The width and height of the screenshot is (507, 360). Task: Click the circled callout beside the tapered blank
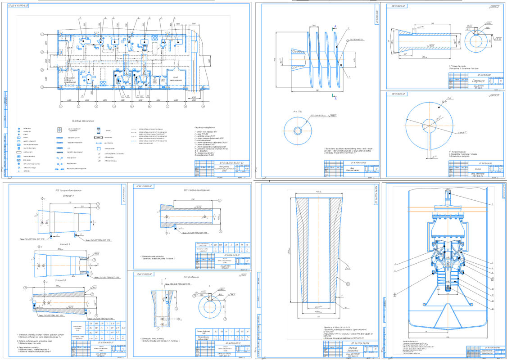point(348,284)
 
